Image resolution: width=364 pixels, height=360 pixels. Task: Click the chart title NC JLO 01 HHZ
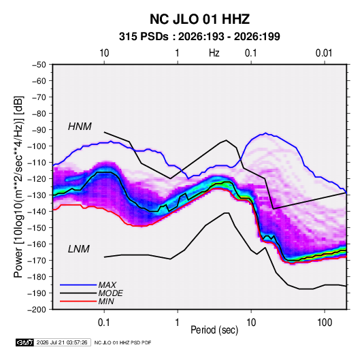(x=199, y=19)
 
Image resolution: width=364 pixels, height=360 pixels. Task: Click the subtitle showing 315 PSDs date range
(x=199, y=37)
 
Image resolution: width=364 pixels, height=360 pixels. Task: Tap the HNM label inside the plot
(x=80, y=127)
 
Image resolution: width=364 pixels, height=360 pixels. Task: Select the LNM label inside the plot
(x=79, y=249)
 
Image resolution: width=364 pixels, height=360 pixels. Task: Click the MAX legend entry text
(x=107, y=285)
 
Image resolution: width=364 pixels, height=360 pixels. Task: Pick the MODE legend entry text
(x=110, y=293)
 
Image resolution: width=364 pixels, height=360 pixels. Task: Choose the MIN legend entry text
(x=106, y=301)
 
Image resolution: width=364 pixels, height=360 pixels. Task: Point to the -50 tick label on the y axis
(x=39, y=65)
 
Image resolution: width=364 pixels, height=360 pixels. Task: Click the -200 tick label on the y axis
(x=37, y=310)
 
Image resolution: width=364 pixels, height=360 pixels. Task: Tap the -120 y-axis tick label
(x=37, y=179)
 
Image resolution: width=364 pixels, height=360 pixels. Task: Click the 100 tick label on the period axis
(x=325, y=323)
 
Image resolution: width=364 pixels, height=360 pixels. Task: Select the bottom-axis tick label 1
(x=178, y=323)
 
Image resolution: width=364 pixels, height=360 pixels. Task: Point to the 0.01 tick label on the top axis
(x=324, y=53)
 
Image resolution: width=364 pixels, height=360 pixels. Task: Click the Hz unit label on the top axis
(x=214, y=53)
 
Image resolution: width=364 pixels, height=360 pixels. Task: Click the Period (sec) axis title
(x=214, y=330)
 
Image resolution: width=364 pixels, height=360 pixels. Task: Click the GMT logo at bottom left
(x=25, y=342)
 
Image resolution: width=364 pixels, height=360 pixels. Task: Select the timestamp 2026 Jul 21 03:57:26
(x=62, y=342)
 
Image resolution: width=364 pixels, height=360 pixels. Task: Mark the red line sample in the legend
(x=78, y=301)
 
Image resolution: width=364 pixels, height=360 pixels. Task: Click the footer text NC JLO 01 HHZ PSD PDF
(x=122, y=342)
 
